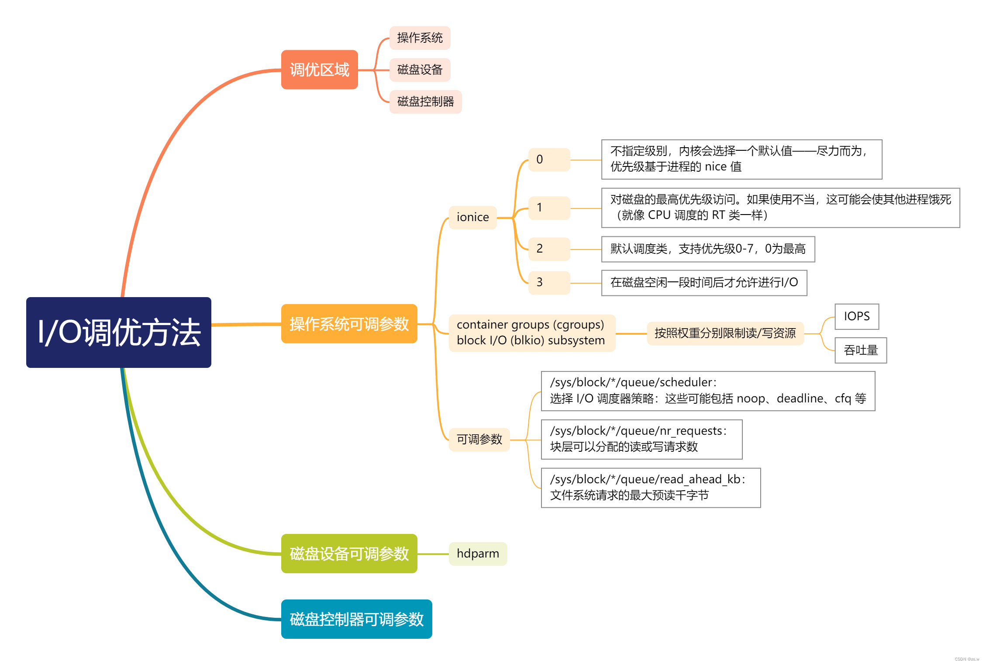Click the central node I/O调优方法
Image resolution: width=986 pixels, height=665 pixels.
(x=118, y=332)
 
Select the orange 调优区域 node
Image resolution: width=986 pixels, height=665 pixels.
(x=319, y=69)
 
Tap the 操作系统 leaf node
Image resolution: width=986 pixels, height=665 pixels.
(x=419, y=38)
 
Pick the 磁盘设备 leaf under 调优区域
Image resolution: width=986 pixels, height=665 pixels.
(x=419, y=69)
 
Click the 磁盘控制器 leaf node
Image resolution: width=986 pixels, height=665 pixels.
(x=425, y=101)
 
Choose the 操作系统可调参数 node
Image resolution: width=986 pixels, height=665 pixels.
(x=349, y=324)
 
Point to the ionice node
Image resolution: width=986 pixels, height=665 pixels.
(x=472, y=217)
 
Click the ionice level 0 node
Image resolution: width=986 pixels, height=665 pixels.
(x=549, y=159)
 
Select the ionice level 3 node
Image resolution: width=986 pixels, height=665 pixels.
(x=549, y=282)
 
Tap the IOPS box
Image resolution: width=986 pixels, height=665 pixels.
(x=856, y=316)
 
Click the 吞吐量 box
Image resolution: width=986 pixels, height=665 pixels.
(x=860, y=350)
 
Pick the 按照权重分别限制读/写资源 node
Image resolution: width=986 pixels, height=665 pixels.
(x=725, y=333)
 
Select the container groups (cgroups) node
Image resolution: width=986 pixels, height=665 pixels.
(x=531, y=332)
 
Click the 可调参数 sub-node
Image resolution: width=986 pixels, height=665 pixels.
(x=479, y=439)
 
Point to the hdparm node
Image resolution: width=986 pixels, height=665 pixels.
(x=478, y=554)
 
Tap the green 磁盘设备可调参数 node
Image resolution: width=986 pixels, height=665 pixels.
(x=349, y=554)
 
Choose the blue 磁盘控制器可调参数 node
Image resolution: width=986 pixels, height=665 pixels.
(x=356, y=619)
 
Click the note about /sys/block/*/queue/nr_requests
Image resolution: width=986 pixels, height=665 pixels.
(x=641, y=439)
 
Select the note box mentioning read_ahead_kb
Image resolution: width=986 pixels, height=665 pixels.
(x=650, y=488)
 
